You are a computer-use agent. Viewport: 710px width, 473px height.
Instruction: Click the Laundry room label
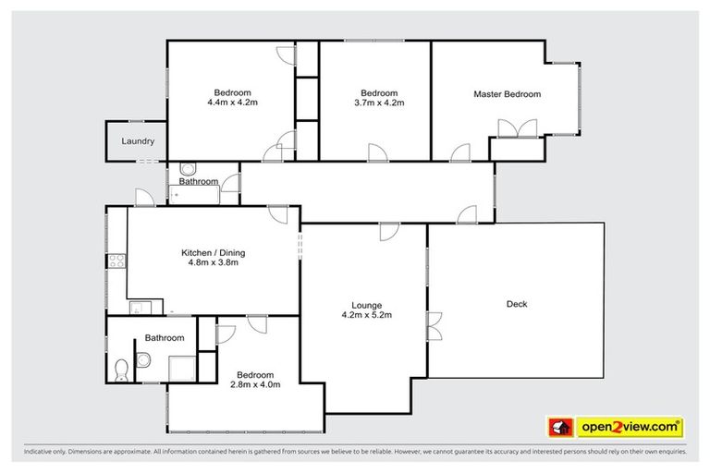137,141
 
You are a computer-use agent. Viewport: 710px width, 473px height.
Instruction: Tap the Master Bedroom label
507,94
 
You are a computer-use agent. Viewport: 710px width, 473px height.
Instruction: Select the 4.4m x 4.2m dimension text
232,103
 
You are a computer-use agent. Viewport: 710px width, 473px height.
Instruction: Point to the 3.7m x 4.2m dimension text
378,103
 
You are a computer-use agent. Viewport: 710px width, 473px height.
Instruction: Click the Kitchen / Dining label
213,252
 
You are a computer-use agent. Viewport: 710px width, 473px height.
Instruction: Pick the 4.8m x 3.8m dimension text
213,263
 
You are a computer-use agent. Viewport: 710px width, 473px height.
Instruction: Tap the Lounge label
367,306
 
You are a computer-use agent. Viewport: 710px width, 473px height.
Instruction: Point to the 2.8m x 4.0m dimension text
254,384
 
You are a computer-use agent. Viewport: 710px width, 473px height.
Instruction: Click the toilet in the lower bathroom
120,370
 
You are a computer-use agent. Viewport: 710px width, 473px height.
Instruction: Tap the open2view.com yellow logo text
630,427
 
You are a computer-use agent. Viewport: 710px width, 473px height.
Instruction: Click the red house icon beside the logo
560,427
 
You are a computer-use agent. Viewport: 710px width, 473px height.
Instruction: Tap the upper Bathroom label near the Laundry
198,182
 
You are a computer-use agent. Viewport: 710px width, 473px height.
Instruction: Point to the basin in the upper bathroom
188,169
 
